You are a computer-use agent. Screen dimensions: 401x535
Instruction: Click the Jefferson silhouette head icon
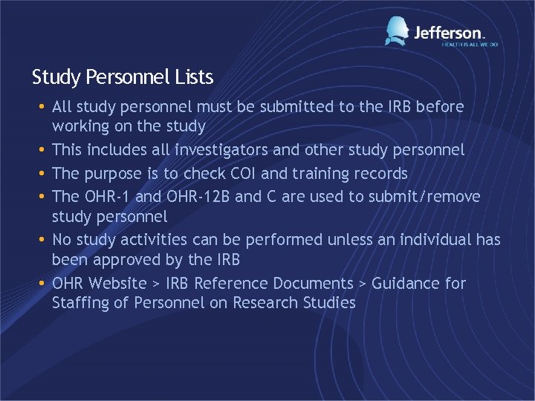tap(398, 30)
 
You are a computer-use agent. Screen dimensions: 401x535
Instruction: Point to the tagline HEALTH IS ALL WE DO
tap(469, 45)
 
